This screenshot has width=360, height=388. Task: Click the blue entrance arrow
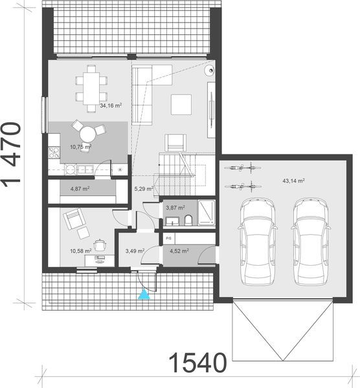144,295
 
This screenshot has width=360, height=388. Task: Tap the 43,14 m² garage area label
293,181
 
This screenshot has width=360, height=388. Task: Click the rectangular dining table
89,87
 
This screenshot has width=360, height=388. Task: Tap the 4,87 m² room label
80,189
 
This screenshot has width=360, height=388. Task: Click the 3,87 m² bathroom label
175,208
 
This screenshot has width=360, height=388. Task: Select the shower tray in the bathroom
206,211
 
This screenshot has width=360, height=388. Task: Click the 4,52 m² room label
178,251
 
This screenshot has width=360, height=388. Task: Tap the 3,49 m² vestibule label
134,250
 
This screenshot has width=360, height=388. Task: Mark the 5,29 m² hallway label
143,189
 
